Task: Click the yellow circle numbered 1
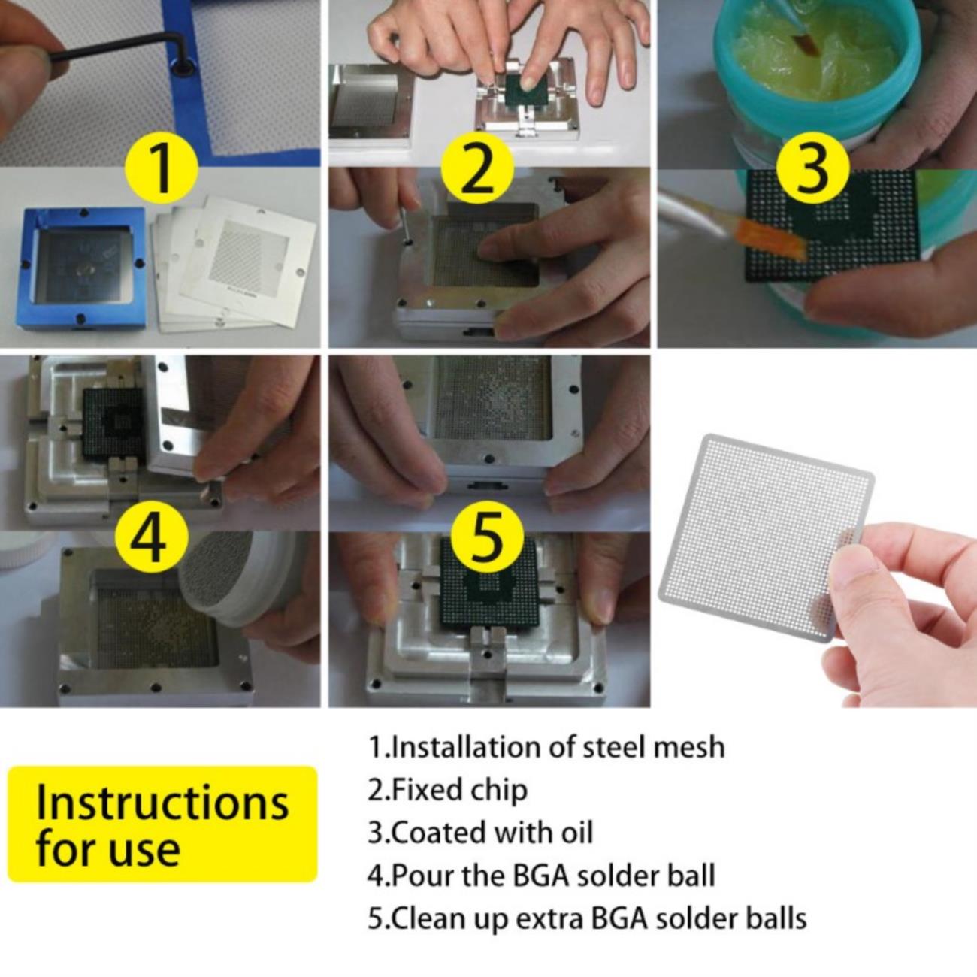(161, 167)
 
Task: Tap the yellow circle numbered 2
(477, 167)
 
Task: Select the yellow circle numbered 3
(812, 167)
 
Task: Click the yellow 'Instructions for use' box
(163, 824)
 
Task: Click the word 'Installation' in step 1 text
(475, 747)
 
